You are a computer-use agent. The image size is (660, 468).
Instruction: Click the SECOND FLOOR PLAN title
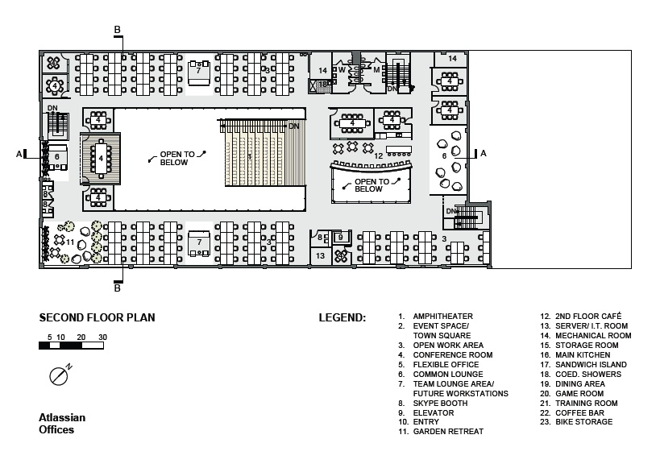point(97,317)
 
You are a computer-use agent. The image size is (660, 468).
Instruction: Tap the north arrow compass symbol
point(60,375)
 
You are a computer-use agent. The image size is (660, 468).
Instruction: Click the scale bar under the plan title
point(71,346)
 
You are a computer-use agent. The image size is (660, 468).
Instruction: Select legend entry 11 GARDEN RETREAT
point(441,432)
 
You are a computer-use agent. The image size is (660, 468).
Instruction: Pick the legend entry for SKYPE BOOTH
point(433,404)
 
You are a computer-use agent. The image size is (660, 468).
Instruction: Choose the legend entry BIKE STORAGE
point(576,422)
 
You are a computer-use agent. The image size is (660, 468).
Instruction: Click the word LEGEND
point(342,317)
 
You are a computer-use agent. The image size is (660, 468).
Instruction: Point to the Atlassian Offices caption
point(62,424)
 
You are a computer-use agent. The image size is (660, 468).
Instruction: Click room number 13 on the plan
point(320,255)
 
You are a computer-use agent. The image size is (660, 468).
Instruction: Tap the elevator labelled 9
point(341,238)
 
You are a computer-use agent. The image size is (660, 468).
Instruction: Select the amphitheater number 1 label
point(250,157)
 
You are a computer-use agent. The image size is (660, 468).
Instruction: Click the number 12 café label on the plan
point(379,155)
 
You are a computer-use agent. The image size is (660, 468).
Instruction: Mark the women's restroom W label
point(342,69)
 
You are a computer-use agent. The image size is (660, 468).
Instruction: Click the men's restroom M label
point(376,70)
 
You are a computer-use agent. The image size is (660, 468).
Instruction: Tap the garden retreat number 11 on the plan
point(70,242)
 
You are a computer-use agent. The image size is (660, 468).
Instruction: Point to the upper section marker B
point(118,30)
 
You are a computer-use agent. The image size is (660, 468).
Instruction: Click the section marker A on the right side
point(484,153)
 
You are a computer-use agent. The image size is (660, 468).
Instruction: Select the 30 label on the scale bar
point(102,338)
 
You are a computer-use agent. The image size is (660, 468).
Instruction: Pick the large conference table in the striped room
point(101,158)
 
